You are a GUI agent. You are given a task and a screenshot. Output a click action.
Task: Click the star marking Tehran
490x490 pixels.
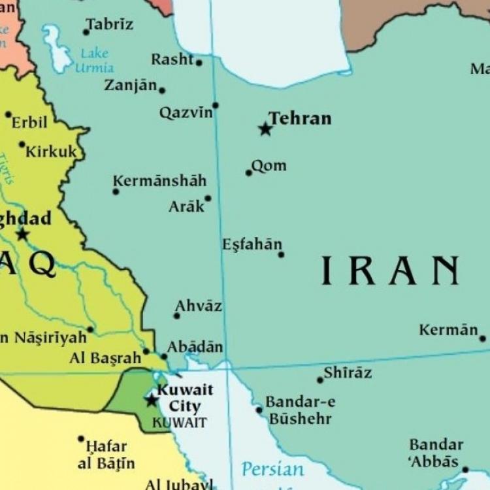point(265,129)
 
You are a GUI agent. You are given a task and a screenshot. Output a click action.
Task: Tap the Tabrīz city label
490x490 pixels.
point(110,25)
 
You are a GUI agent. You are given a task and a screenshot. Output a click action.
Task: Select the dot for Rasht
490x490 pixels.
point(199,63)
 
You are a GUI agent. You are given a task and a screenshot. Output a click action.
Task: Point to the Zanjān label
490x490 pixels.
point(131,86)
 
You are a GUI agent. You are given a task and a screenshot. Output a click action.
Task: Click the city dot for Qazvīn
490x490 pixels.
point(215,105)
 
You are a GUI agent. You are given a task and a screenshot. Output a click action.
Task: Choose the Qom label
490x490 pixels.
point(269,166)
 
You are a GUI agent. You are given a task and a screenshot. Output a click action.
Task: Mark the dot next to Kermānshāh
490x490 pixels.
point(116,191)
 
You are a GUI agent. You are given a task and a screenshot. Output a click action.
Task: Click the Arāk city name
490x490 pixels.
point(186,206)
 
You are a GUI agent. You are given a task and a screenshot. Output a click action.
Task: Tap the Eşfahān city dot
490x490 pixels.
point(281,254)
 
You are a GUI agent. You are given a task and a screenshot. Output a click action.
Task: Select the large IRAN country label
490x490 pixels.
point(389,270)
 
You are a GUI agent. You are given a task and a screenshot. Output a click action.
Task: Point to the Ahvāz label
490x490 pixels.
point(199,306)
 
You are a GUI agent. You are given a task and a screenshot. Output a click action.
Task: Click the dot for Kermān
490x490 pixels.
point(482,338)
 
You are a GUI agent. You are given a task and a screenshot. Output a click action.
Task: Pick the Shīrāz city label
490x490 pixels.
point(348,372)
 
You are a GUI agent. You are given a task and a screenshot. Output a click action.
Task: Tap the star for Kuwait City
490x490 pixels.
point(152,400)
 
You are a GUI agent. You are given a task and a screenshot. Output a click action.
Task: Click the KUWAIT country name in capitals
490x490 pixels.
point(180,423)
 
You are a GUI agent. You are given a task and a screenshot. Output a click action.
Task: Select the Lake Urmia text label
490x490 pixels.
point(95,60)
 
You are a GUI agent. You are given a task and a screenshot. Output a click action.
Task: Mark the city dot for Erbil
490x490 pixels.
point(8,114)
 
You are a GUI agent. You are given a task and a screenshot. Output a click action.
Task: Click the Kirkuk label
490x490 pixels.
point(51,152)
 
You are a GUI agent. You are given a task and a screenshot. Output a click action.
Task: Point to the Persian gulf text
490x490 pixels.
point(272,469)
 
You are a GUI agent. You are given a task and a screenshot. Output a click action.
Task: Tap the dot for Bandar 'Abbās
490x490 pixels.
point(465,469)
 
